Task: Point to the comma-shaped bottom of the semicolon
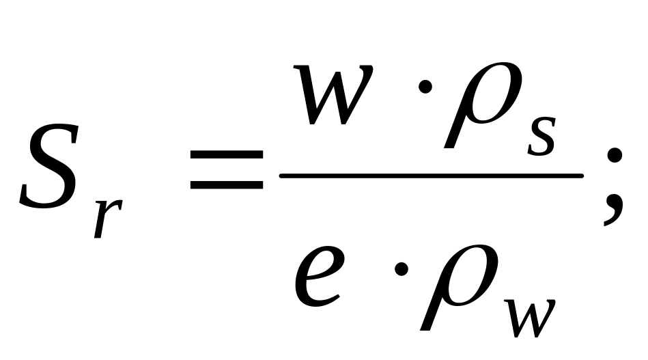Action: (x=612, y=212)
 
